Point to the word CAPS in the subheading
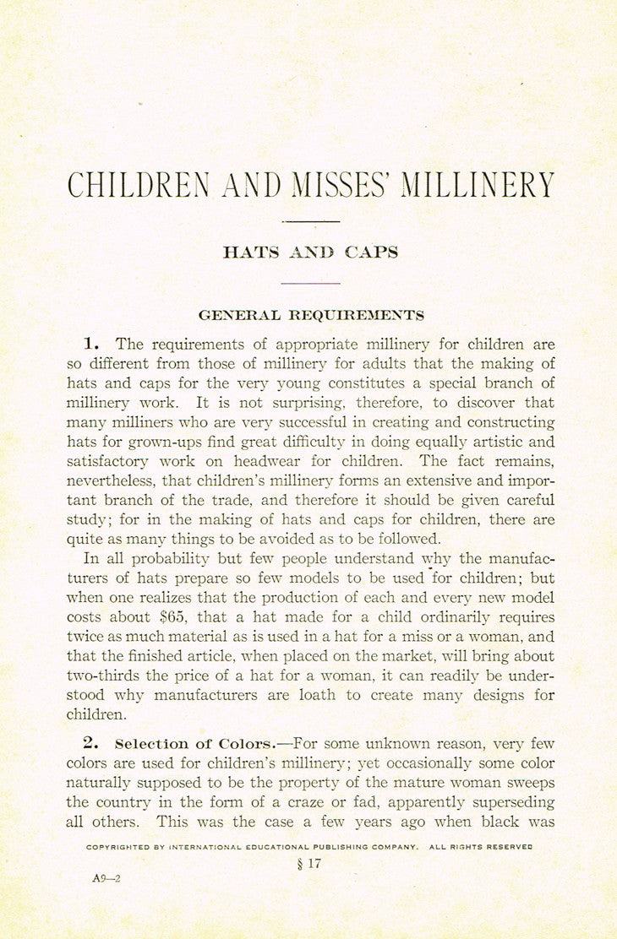370,252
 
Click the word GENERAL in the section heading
239,315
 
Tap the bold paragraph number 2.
91,744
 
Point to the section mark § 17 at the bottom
310,863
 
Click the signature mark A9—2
107,878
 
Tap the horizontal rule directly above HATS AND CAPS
310,222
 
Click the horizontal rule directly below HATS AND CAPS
310,284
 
